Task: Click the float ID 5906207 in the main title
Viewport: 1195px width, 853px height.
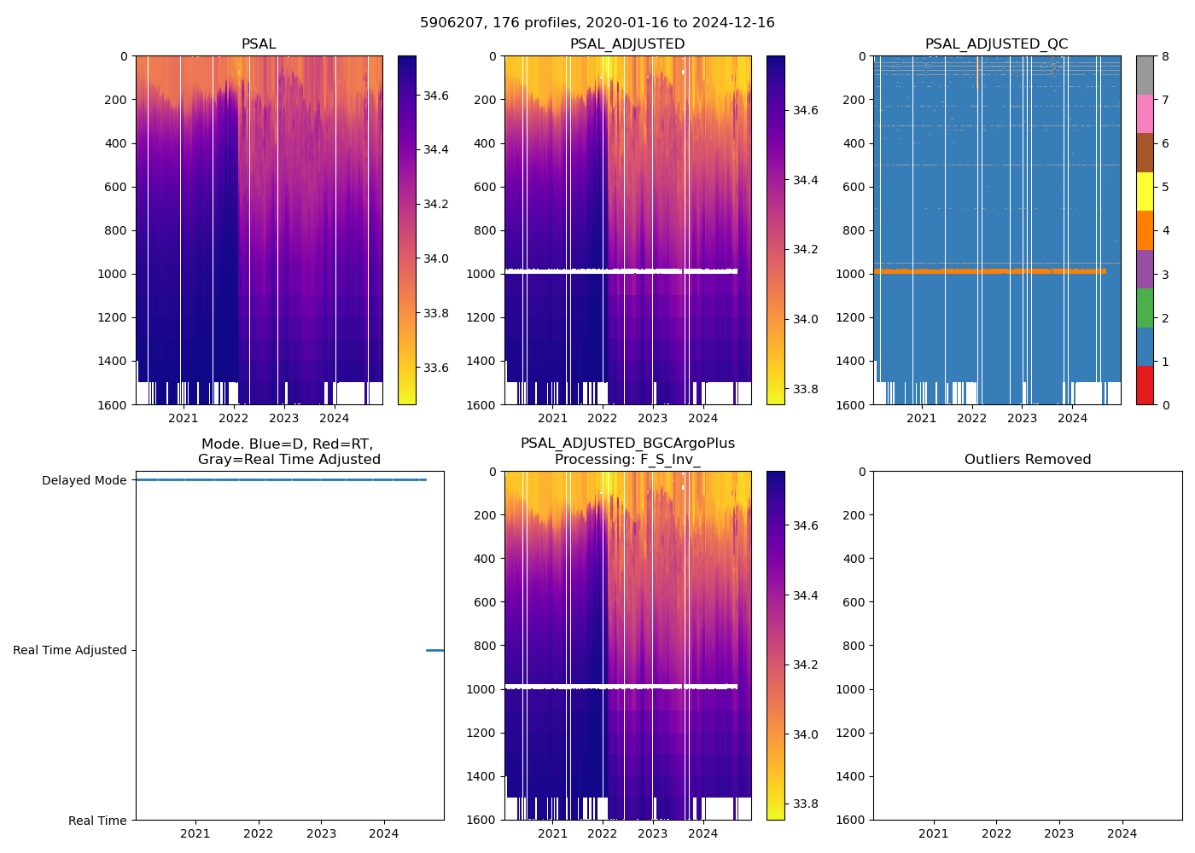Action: coord(452,23)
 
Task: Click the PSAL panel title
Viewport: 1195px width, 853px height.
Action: coord(259,44)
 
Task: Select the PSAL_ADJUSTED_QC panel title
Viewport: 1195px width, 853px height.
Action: coord(996,44)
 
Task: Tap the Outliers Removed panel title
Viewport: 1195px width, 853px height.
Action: coord(1028,460)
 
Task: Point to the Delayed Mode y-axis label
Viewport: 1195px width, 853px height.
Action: coord(85,480)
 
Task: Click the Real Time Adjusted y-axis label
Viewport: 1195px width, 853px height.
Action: coord(70,650)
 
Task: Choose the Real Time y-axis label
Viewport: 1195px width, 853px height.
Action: coord(97,821)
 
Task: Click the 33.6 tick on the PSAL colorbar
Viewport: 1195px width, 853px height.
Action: coord(436,368)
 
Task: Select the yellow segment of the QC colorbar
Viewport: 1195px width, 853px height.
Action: coord(1145,191)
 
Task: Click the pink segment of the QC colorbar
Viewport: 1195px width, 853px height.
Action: coord(1145,113)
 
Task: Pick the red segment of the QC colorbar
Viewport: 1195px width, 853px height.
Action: coord(1145,385)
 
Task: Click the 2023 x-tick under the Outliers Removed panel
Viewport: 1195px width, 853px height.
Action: coord(1059,833)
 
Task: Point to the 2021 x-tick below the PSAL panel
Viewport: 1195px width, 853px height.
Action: coord(184,418)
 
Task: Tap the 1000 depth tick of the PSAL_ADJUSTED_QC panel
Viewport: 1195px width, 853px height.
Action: coord(854,274)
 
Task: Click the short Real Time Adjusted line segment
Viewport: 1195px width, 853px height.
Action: coord(434,650)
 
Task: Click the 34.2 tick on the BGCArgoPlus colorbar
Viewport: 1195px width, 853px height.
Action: coord(805,664)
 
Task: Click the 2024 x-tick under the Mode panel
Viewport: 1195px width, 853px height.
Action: coord(384,833)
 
